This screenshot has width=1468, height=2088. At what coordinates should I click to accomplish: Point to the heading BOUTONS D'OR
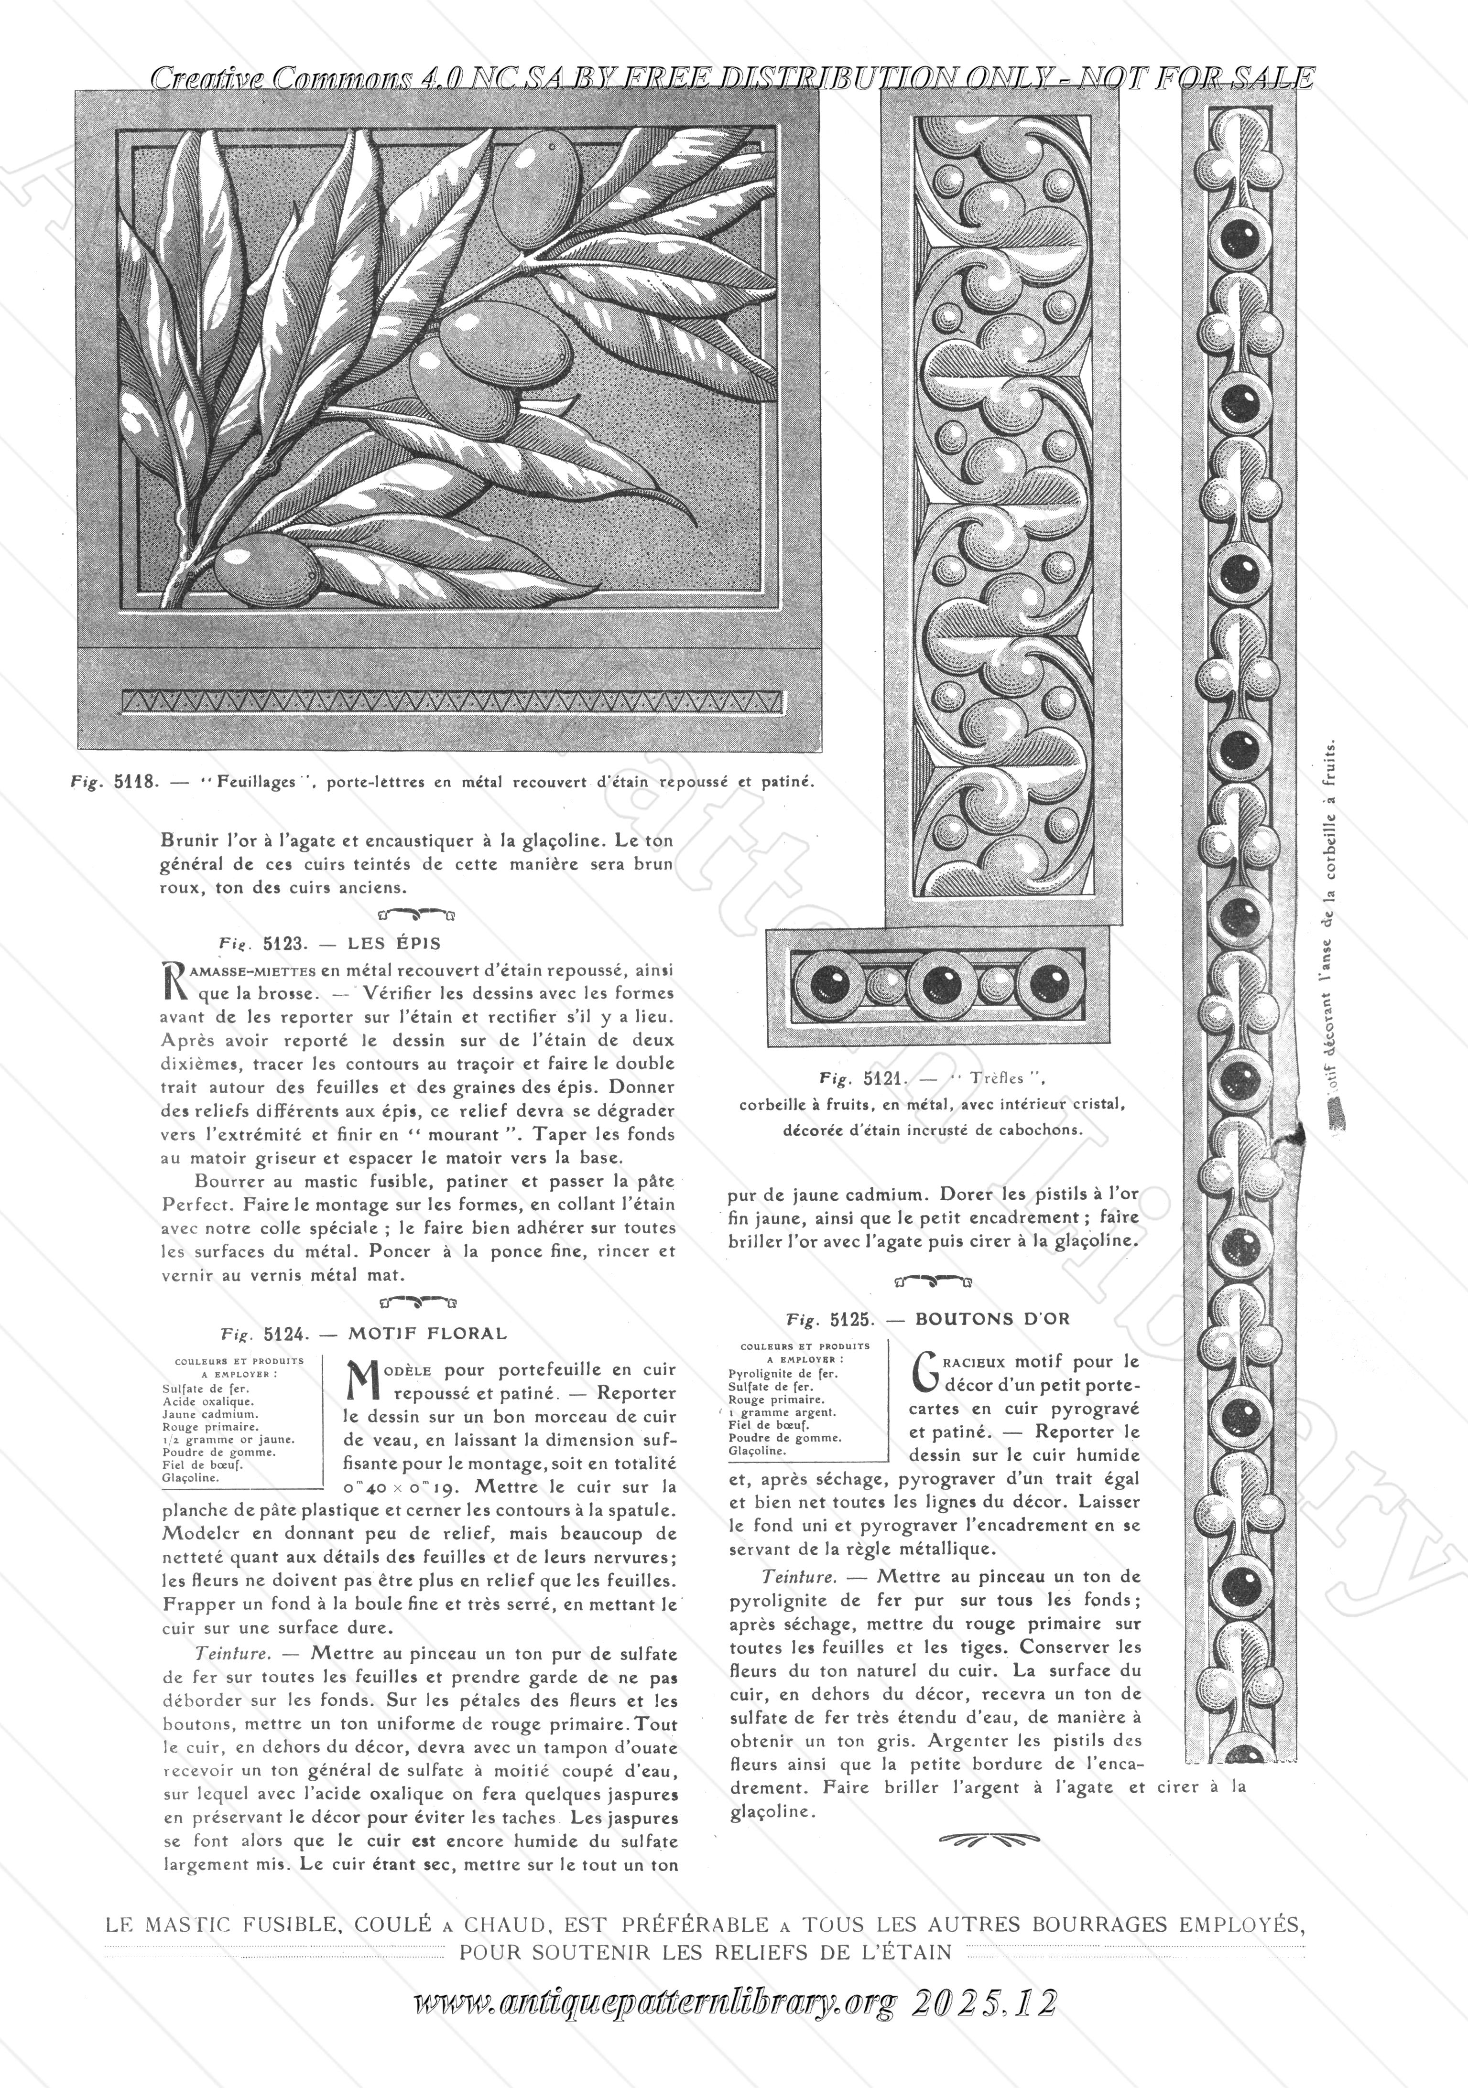pyautogui.click(x=992, y=1318)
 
